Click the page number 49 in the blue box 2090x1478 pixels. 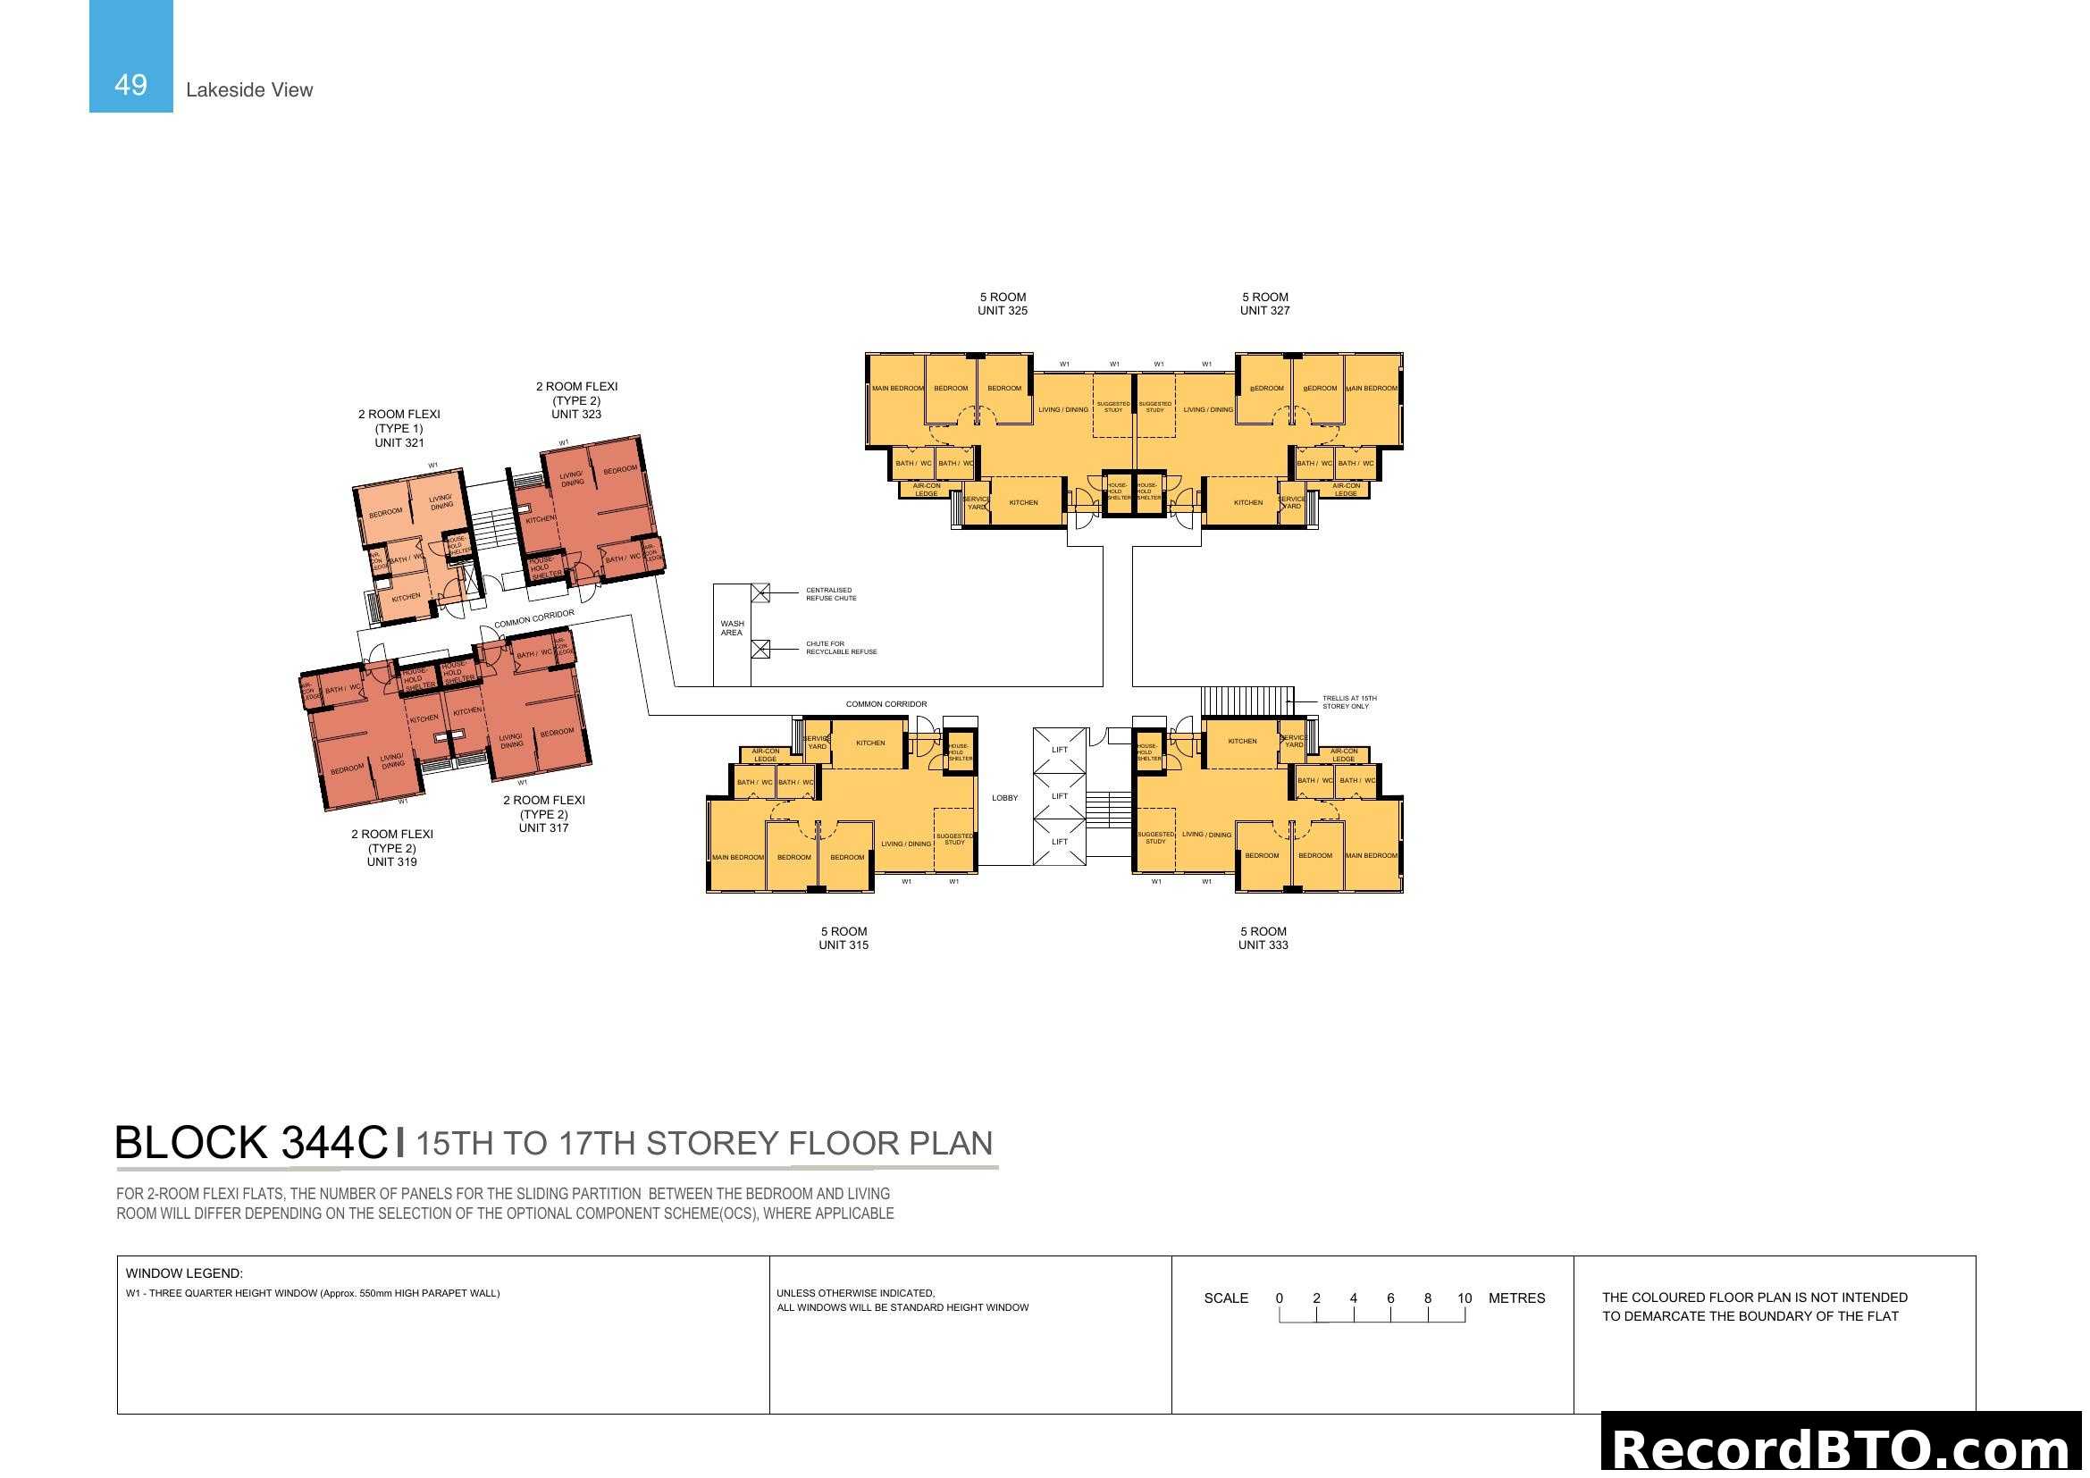coord(130,85)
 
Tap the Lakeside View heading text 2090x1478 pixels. coord(248,90)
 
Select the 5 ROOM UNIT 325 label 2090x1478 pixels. coord(1003,304)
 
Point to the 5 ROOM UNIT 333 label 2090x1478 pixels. coord(1263,938)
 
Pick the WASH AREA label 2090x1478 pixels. coord(732,628)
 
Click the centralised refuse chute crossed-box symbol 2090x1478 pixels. coord(761,593)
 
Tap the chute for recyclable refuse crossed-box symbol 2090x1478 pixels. coord(761,649)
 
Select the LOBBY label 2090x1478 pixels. coord(1005,798)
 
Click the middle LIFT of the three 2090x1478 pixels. coord(1060,796)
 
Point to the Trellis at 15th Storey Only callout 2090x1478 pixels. coord(1348,702)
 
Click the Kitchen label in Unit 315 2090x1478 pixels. coord(870,743)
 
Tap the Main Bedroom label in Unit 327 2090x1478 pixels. coord(1371,389)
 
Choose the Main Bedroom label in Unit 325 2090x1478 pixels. coord(897,389)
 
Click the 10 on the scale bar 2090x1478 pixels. coord(1464,1298)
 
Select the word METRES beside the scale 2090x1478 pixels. coord(1516,1298)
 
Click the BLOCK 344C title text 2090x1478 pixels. coord(251,1143)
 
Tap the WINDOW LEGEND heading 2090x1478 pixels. coord(184,1273)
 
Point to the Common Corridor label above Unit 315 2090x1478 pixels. coord(886,704)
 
